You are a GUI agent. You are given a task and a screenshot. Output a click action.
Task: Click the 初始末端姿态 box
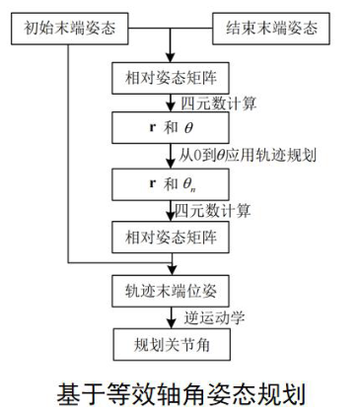(68, 25)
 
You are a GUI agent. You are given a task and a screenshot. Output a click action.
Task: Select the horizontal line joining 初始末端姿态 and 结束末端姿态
(173, 25)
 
